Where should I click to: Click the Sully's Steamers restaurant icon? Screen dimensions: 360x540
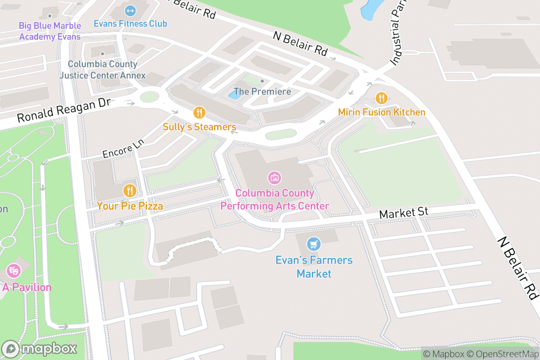[199, 112]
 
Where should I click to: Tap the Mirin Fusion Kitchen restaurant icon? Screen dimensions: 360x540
[382, 98]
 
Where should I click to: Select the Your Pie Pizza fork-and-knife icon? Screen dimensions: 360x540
[130, 191]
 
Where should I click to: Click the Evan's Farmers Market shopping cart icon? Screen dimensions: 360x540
[314, 244]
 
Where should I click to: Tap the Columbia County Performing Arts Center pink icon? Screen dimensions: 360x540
[274, 178]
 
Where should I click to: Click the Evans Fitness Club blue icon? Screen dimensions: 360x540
[130, 10]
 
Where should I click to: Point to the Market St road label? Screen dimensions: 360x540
[403, 212]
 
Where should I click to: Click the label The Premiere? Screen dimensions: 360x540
[262, 91]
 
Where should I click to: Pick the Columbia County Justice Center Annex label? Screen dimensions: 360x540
[103, 70]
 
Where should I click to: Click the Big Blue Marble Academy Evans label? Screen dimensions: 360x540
[49, 31]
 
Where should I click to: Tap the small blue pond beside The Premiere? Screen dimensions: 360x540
[234, 94]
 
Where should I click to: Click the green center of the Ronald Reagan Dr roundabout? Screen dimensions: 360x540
[149, 97]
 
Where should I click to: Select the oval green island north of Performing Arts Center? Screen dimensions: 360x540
[281, 134]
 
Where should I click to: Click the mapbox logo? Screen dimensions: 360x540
[40, 349]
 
